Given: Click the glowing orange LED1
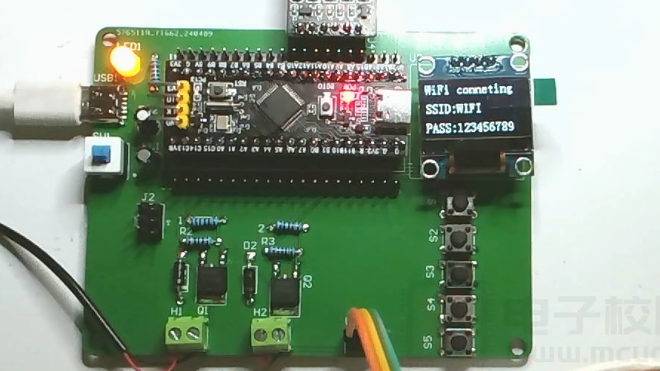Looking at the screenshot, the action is (x=126, y=62).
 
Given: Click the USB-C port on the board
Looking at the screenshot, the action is (x=104, y=103).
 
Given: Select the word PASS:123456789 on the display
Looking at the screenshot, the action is (x=469, y=128).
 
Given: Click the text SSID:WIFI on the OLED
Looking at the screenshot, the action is (x=453, y=108).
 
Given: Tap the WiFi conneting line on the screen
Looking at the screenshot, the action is (x=468, y=89).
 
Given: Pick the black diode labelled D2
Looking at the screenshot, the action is (x=250, y=279).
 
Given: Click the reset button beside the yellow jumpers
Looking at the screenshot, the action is (x=219, y=92).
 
